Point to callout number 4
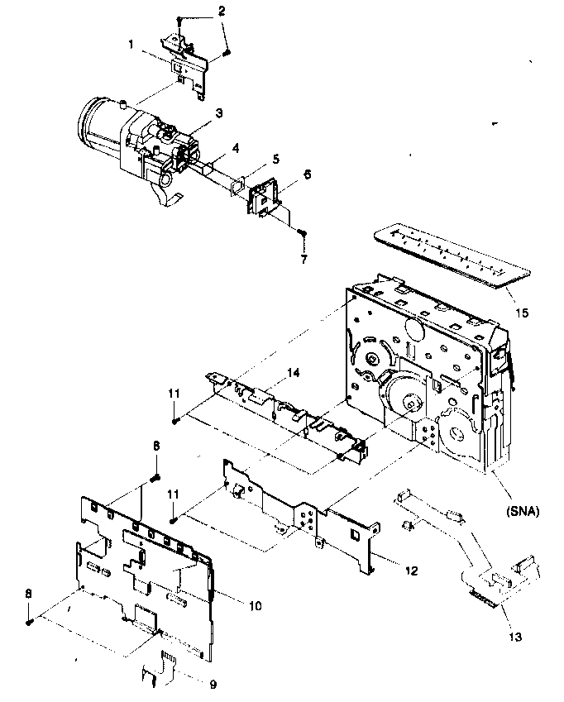(x=235, y=149)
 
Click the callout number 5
(x=253, y=159)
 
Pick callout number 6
(x=284, y=175)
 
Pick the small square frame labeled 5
(x=237, y=188)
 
